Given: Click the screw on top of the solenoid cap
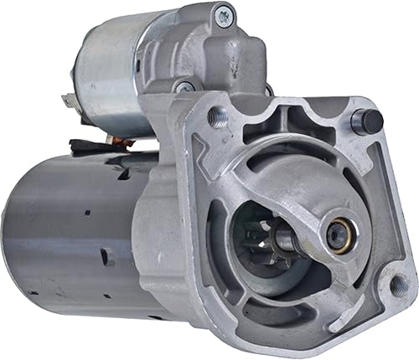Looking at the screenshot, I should click(224, 13).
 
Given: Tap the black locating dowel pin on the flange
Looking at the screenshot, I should click(366, 121).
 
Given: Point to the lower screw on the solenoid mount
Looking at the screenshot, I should click(184, 85).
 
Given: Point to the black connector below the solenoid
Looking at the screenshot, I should click(80, 147).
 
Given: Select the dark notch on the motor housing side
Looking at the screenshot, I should click(107, 256).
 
